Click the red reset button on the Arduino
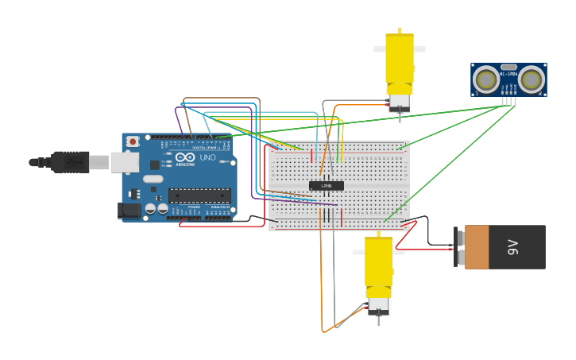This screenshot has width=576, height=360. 133,141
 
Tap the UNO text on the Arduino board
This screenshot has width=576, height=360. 207,158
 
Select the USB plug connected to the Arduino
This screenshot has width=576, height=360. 72,162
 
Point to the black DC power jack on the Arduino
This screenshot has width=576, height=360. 129,211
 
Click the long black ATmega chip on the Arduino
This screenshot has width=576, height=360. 199,195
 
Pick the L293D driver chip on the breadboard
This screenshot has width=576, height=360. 327,186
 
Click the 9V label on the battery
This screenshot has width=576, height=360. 513,247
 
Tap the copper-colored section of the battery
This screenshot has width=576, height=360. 477,247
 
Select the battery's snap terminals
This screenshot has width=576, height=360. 459,247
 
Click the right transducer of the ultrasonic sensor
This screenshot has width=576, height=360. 531,79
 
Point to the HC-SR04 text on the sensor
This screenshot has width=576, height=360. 508,74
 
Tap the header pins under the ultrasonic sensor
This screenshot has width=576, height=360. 508,99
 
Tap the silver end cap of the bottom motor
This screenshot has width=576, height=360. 378,304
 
